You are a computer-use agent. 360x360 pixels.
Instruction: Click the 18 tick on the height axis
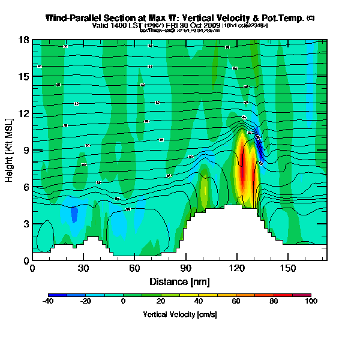pyautogui.click(x=25, y=40)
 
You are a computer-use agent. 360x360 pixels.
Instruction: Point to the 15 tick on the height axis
pyautogui.click(x=25, y=77)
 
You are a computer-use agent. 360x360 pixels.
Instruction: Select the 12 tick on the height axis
pyautogui.click(x=25, y=113)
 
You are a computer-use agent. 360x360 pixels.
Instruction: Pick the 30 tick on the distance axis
pyautogui.click(x=83, y=268)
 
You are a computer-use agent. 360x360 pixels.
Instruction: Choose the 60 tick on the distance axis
pyautogui.click(x=134, y=268)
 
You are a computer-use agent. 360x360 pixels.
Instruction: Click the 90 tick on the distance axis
pyautogui.click(x=186, y=268)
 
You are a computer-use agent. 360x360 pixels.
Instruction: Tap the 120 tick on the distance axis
pyautogui.click(x=237, y=268)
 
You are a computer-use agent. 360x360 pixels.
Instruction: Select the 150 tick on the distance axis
pyautogui.click(x=288, y=268)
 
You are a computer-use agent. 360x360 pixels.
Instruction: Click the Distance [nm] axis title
pyautogui.click(x=179, y=281)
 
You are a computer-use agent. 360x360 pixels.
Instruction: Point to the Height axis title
pyautogui.click(x=10, y=150)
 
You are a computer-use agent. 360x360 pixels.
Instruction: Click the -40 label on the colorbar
pyautogui.click(x=49, y=302)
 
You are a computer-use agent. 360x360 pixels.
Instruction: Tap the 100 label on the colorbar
pyautogui.click(x=311, y=302)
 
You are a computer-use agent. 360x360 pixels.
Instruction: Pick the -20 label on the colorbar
pyautogui.click(x=86, y=302)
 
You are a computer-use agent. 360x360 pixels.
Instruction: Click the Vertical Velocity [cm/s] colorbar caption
pyautogui.click(x=179, y=314)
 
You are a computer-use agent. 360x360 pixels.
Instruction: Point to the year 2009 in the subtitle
pyautogui.click(x=212, y=25)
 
